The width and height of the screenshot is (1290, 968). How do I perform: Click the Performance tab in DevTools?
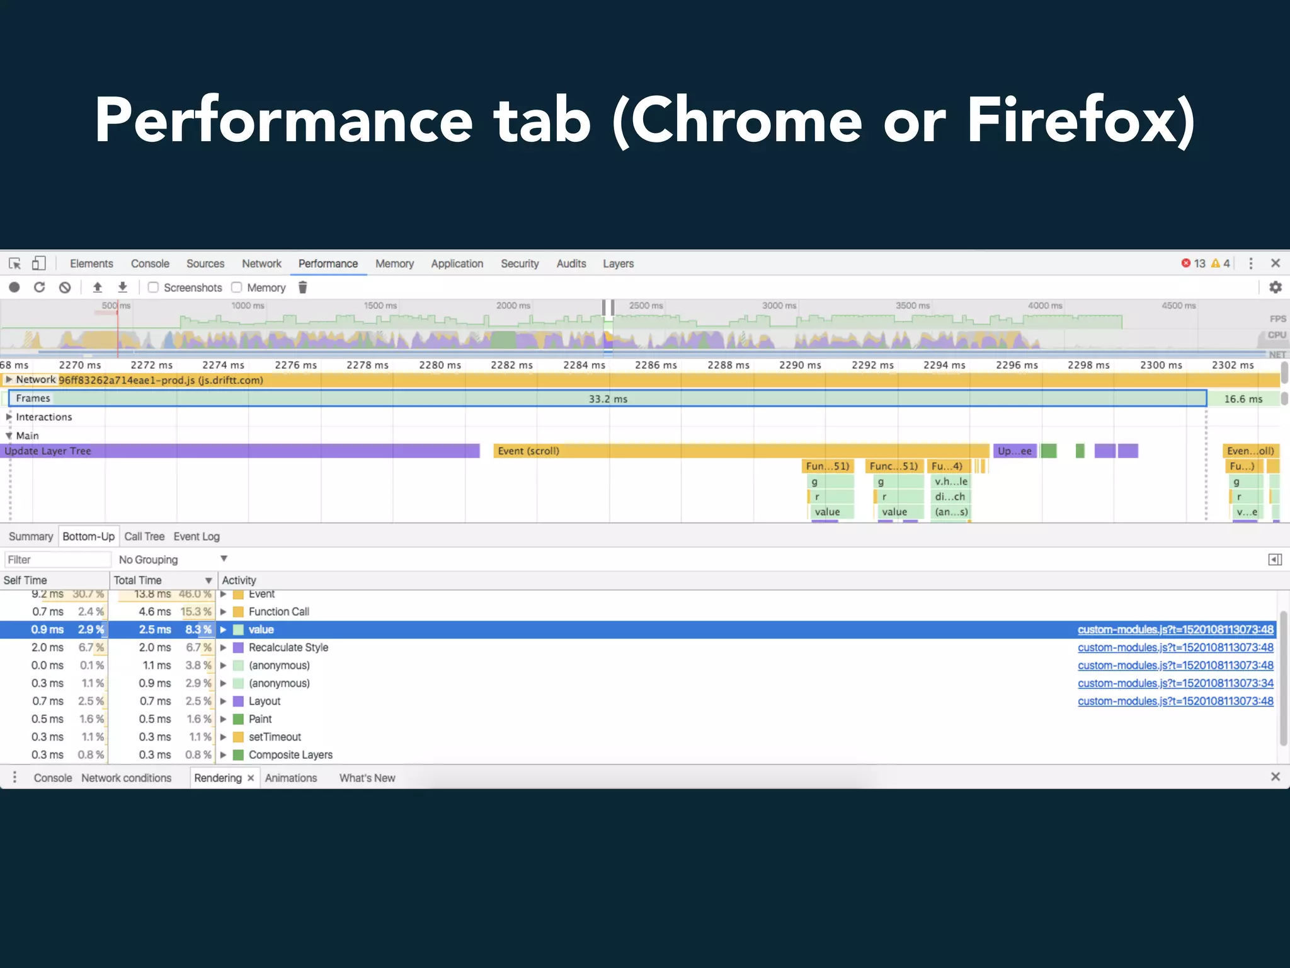(x=328, y=263)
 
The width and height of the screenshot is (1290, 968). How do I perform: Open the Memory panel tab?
(x=394, y=263)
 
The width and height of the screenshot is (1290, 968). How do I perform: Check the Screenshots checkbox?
(x=153, y=287)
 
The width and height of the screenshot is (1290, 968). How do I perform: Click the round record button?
(x=14, y=287)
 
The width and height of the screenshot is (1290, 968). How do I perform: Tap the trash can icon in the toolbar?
(x=302, y=287)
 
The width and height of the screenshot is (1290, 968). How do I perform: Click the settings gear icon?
(x=1275, y=287)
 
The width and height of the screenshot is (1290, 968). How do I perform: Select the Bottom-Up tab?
(x=88, y=536)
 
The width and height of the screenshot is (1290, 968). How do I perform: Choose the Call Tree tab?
(x=144, y=536)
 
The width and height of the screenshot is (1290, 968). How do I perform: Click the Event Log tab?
(x=197, y=536)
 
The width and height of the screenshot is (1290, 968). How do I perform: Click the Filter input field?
(x=57, y=560)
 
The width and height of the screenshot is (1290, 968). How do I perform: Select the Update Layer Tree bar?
(x=239, y=451)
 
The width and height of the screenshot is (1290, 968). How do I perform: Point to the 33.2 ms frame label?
(x=608, y=399)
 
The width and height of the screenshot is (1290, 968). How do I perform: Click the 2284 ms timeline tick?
(x=584, y=365)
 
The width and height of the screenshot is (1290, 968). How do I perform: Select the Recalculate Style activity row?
(x=288, y=647)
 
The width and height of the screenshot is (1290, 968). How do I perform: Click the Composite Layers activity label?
(x=290, y=754)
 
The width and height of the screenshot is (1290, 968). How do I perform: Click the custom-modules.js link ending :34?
(x=1175, y=683)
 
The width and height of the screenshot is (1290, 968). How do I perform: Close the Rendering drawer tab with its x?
(x=251, y=778)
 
